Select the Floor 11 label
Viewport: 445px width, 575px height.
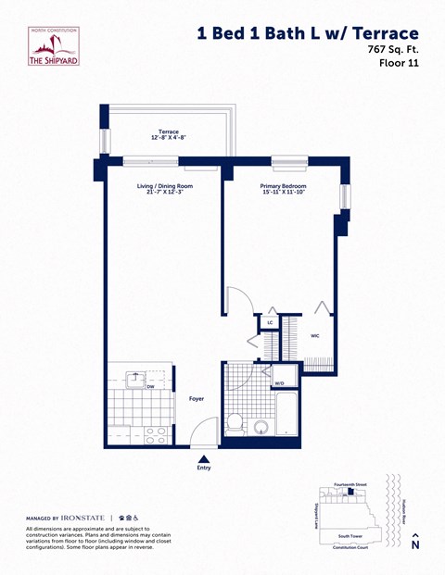pos(398,64)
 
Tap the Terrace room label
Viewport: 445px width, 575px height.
pos(169,134)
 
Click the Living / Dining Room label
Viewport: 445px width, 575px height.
pos(163,189)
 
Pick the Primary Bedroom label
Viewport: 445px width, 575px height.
pos(283,189)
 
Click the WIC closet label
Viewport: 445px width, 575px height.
pos(315,335)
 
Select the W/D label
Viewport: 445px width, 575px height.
pos(279,382)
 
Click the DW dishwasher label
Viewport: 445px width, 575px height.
pos(137,387)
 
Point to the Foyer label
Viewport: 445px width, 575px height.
pos(197,399)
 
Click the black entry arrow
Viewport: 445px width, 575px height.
pos(204,457)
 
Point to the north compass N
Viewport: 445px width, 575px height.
pos(415,544)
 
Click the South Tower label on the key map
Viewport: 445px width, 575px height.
pos(350,535)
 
